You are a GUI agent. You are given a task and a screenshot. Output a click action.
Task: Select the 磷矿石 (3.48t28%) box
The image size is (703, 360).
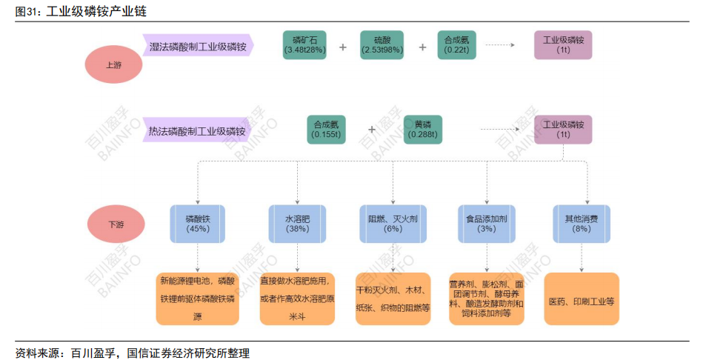pos(304,45)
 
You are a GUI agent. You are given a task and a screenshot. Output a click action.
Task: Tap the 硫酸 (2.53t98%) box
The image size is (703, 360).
pos(382,45)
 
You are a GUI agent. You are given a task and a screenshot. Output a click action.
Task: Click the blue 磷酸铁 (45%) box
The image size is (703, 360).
pos(198,224)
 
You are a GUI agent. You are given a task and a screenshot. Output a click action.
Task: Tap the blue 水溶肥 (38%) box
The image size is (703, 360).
pos(297,224)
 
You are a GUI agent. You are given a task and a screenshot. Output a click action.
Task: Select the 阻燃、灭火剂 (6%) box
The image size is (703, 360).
pos(393,224)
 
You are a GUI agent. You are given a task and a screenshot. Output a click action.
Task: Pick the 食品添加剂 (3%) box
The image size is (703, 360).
pos(486,224)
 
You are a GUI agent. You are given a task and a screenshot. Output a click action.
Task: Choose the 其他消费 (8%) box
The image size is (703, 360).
pos(582,224)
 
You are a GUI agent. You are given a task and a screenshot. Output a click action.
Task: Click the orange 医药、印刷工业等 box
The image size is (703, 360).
pos(582,299)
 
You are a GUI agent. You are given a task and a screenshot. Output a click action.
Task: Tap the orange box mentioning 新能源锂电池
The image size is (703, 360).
pos(198,299)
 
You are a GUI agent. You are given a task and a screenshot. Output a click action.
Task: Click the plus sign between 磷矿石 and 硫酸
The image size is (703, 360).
pos(343,47)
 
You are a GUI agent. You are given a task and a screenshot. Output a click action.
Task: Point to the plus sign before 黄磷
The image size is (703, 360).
pos(372,130)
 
